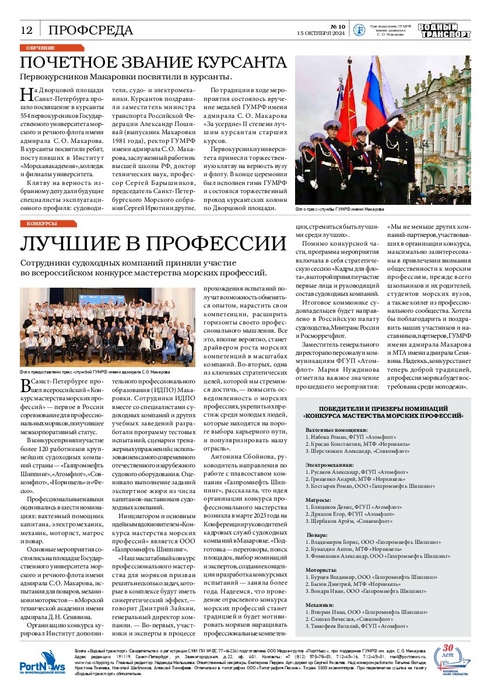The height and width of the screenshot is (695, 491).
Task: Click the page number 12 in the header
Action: coord(26,30)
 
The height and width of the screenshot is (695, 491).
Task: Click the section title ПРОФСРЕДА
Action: coord(90,30)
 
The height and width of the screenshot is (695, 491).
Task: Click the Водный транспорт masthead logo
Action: coord(444,31)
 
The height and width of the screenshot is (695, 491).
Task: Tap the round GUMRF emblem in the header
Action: coord(359,31)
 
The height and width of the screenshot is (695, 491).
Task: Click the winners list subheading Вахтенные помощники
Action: coord(333,429)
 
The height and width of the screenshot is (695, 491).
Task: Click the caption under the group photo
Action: coord(94,371)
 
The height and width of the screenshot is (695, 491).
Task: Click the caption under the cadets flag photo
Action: coord(340,209)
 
